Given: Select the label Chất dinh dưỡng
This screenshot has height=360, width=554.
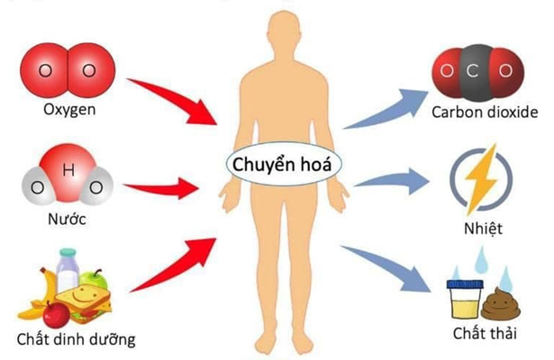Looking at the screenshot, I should pyautogui.click(x=76, y=340).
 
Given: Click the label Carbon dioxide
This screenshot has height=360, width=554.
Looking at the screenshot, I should pyautogui.click(x=484, y=112).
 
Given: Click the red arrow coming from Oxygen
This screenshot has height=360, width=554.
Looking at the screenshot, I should pyautogui.click(x=176, y=100).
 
